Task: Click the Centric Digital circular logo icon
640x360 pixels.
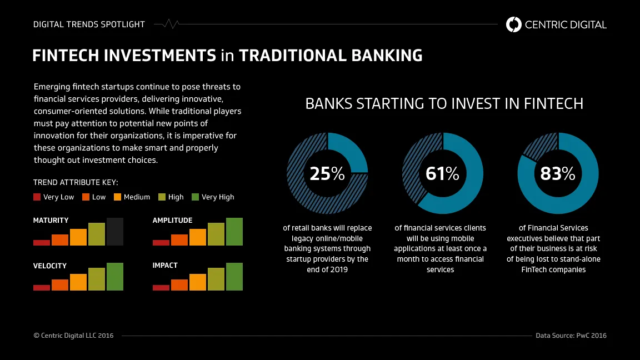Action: pos(513,24)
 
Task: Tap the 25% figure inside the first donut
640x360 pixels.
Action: pos(327,173)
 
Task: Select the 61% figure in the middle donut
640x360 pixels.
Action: pos(442,173)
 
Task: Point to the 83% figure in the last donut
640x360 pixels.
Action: pos(558,173)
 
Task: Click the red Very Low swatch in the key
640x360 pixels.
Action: pos(37,197)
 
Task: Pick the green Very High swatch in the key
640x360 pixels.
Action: pos(195,197)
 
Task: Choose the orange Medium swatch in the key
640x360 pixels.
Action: pos(117,197)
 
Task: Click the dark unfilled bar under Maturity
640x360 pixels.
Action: pos(114,232)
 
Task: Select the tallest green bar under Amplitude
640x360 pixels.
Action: pos(234,232)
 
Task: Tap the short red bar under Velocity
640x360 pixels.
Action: pos(42,288)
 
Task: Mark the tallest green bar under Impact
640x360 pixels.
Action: pos(234,277)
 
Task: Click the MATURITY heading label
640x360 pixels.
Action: pos(51,221)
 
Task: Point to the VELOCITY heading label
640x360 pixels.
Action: pos(50,266)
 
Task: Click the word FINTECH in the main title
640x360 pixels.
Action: pos(67,56)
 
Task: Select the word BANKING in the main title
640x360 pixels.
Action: pos(387,56)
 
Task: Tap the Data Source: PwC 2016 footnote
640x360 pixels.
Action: pos(571,336)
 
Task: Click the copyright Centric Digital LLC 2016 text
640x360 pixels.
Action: pos(73,336)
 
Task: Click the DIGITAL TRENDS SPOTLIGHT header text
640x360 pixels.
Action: pos(89,24)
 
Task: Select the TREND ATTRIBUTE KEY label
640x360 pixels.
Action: pos(76,182)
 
